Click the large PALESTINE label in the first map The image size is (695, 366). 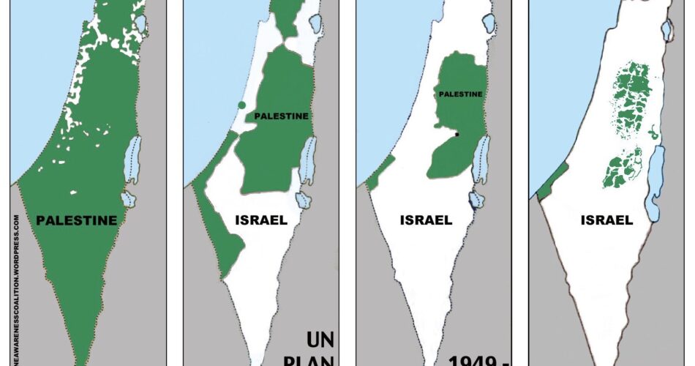point(76,220)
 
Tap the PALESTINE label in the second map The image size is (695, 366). point(281,116)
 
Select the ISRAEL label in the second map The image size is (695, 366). point(261,220)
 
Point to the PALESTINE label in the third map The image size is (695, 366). point(459,94)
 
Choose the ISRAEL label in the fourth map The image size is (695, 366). point(606,220)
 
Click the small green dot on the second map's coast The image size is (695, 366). point(241,105)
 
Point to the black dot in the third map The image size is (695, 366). point(457,135)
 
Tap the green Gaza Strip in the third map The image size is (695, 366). point(376,176)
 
